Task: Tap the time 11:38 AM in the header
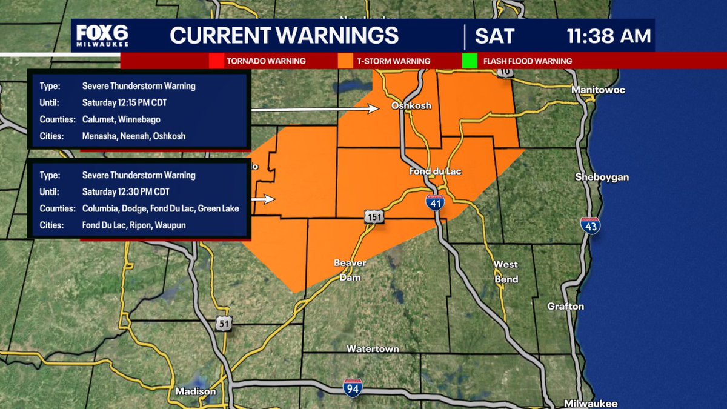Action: (x=609, y=36)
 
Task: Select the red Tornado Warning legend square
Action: (x=216, y=61)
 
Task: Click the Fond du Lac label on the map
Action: (x=435, y=171)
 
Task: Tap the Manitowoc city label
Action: (x=598, y=90)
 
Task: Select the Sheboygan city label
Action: (x=602, y=178)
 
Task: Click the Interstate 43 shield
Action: (x=590, y=226)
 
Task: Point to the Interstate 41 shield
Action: (x=434, y=203)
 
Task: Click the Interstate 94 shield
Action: (x=352, y=388)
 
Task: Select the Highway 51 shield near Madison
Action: (x=224, y=324)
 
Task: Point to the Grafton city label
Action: (x=565, y=307)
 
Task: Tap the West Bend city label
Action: (x=506, y=271)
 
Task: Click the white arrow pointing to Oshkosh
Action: (x=315, y=110)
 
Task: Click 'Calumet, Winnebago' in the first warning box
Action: (x=121, y=119)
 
